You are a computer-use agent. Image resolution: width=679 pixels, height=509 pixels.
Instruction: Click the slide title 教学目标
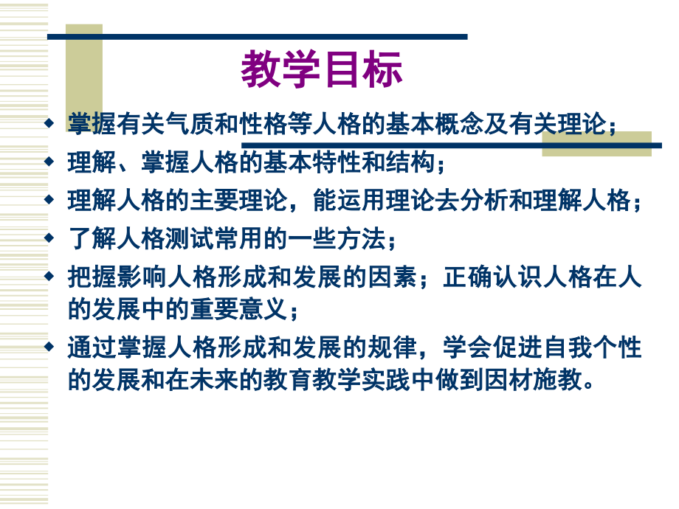322,70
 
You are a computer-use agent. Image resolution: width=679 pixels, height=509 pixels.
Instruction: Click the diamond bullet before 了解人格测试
50,238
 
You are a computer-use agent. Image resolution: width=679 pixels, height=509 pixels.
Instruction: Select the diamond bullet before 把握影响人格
50,277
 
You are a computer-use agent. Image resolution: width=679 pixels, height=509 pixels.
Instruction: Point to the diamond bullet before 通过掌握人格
50,346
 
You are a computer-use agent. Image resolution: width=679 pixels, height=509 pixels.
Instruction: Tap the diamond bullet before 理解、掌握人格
50,161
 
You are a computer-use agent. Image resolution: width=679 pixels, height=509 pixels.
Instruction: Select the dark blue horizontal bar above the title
258,36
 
